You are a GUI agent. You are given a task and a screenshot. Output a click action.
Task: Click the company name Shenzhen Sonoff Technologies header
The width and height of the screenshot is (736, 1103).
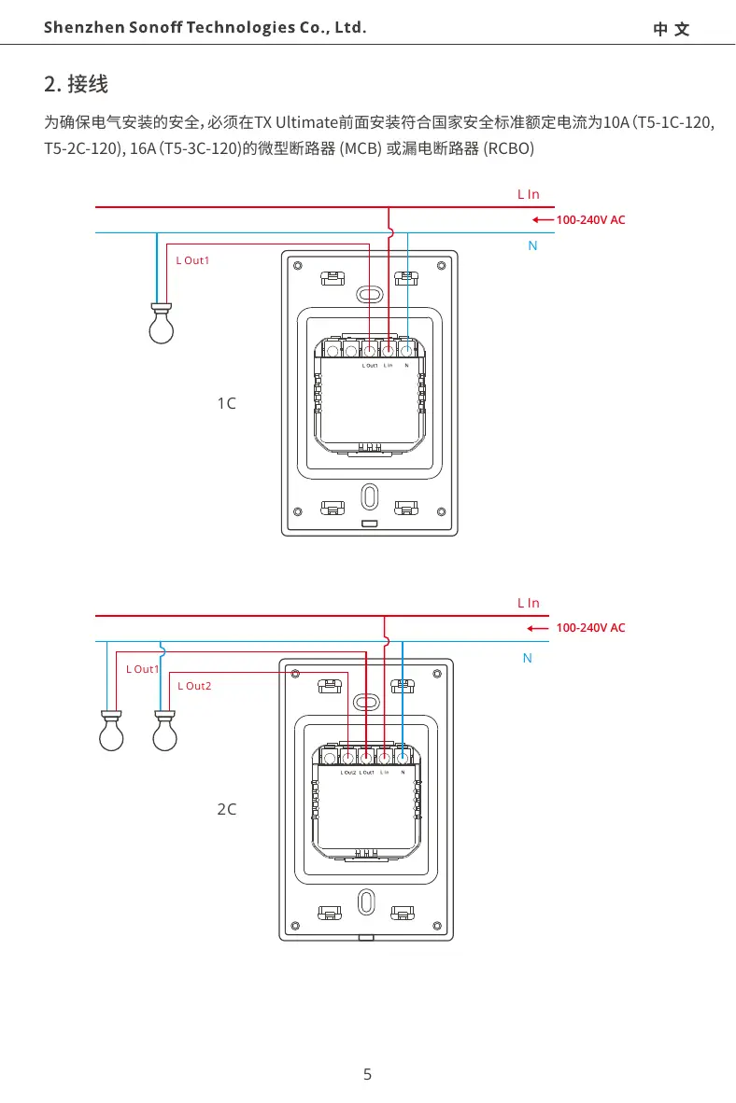(205, 27)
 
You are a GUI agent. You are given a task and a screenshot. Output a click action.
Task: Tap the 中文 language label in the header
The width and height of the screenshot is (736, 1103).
(672, 29)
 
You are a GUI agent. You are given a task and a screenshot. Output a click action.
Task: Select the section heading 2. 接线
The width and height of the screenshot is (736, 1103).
(77, 85)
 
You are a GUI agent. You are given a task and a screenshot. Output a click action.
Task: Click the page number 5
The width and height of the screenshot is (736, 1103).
(367, 1074)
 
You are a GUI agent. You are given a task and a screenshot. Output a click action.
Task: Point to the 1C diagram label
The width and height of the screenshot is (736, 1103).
(226, 403)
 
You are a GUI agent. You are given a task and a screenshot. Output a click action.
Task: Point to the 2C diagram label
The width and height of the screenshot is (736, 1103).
(226, 809)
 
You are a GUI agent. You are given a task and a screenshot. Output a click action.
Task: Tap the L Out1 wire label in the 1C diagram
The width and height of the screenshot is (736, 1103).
(192, 259)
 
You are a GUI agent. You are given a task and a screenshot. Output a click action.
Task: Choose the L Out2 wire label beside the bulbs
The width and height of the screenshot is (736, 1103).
(194, 686)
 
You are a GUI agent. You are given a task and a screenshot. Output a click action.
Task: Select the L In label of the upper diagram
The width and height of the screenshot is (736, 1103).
(529, 194)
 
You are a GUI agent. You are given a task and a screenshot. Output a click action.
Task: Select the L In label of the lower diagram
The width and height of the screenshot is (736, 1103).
(529, 603)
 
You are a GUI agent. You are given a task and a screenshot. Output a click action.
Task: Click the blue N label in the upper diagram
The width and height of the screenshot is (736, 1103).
(532, 245)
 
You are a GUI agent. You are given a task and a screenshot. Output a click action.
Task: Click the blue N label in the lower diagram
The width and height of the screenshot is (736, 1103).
(528, 658)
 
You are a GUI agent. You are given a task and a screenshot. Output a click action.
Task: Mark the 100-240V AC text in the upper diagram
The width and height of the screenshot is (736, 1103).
(590, 220)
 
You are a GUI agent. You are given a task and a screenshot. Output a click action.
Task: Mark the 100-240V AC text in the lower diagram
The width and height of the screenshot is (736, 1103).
(590, 628)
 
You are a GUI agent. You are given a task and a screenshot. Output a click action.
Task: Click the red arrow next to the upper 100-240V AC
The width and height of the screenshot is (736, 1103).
(541, 220)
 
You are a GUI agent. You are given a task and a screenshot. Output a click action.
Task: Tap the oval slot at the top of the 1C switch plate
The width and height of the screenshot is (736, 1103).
(370, 294)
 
